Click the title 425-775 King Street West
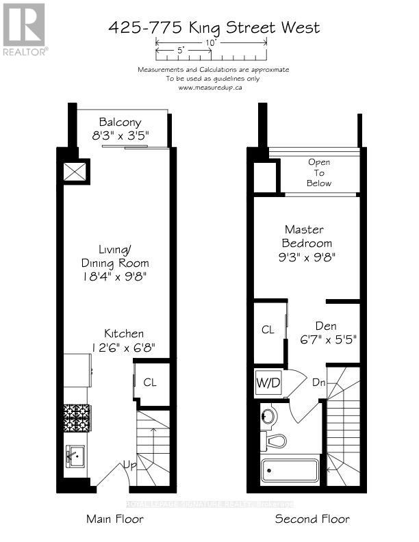tap(214, 28)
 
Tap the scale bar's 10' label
tap(212, 42)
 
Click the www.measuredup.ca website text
tap(212, 88)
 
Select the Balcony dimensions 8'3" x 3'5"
tap(120, 135)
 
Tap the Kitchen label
tap(124, 333)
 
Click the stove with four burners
tap(77, 415)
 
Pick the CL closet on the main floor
tap(149, 383)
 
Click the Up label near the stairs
tap(129, 465)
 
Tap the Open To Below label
tap(319, 172)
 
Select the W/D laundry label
tap(268, 381)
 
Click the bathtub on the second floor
tap(290, 472)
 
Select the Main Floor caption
tap(115, 519)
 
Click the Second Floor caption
tap(312, 519)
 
